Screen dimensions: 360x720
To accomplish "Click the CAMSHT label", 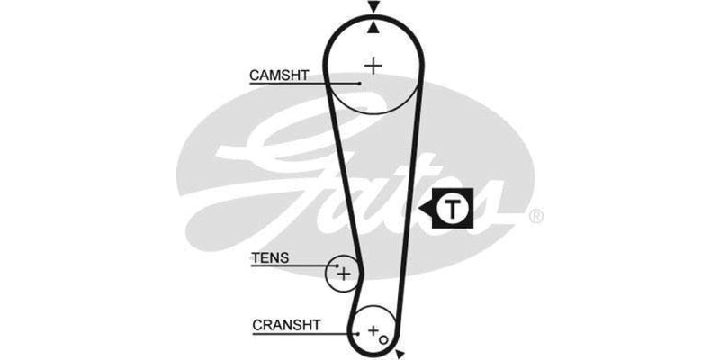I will click(279, 76).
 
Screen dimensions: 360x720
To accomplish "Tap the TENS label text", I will click(270, 257).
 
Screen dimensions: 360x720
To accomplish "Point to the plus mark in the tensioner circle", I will click(343, 271).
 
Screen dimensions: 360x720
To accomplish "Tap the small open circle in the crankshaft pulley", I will click(382, 338).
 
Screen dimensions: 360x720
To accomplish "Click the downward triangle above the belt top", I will click(373, 8).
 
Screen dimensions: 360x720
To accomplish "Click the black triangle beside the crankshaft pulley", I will click(400, 354).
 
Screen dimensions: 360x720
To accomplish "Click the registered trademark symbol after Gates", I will click(535, 216).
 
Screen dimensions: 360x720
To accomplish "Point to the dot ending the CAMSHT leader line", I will click(359, 83).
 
